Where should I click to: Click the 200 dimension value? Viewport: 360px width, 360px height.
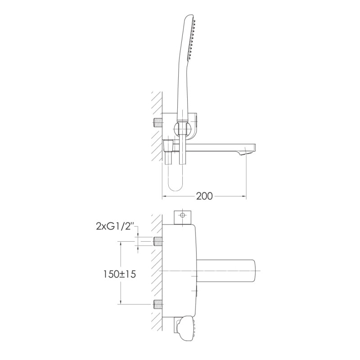204,196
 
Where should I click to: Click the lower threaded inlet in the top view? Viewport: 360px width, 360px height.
158,304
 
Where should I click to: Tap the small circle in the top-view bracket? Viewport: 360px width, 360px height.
183,216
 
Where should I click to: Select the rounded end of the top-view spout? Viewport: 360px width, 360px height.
256,271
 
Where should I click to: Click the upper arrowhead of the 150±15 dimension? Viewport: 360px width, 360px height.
121,243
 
